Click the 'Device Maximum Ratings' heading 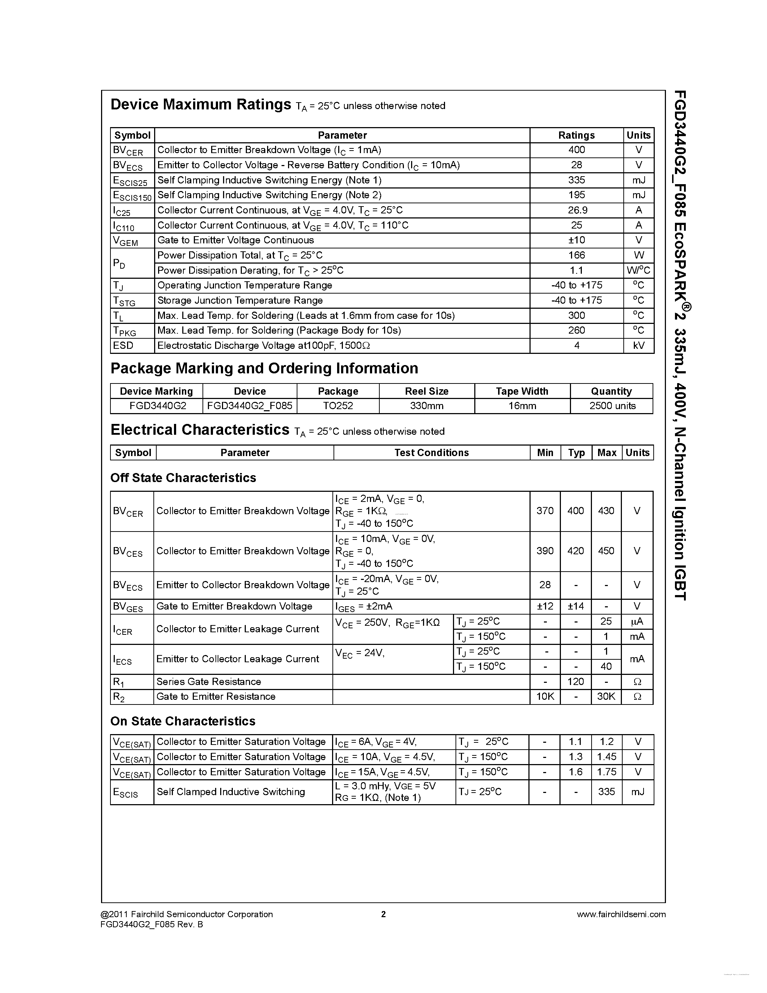click(x=200, y=105)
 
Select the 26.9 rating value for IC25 click(x=576, y=210)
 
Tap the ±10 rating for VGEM click(x=576, y=240)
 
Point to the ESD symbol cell click(x=123, y=346)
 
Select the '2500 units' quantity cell click(x=612, y=406)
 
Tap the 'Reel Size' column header click(x=427, y=391)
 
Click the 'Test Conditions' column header click(x=431, y=452)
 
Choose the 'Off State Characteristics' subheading click(x=183, y=478)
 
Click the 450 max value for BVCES click(x=606, y=551)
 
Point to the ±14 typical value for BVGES click(x=576, y=606)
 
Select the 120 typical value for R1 click(x=576, y=681)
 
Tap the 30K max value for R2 click(x=606, y=697)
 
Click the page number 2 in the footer click(x=383, y=914)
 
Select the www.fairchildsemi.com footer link click(x=621, y=914)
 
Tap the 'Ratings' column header click(x=576, y=135)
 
